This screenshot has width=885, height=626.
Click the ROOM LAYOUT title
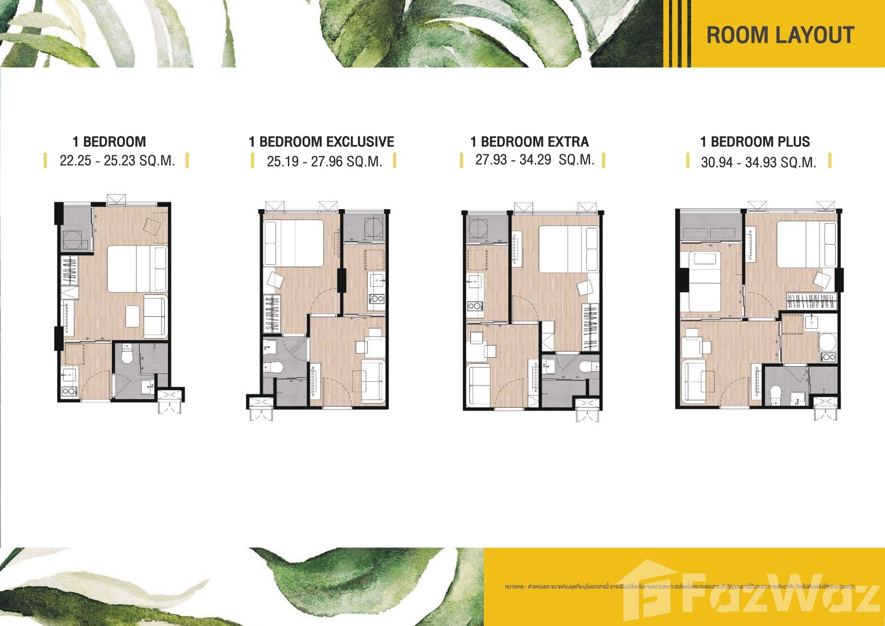click(780, 35)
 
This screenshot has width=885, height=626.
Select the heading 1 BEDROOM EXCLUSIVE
click(321, 142)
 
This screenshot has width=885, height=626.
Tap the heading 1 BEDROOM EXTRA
click(529, 142)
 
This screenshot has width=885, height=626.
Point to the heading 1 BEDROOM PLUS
click(755, 142)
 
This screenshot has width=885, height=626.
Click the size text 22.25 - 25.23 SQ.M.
click(117, 160)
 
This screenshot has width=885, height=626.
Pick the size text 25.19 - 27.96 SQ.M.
click(324, 161)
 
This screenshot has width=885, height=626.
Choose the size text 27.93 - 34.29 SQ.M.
click(534, 159)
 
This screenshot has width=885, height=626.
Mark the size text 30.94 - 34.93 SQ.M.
click(758, 162)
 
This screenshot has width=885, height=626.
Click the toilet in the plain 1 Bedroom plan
click(127, 354)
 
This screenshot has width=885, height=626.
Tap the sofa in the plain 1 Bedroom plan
click(155, 316)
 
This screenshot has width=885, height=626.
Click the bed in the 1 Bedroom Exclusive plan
click(294, 243)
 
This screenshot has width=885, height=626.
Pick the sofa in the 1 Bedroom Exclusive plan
click(372, 381)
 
